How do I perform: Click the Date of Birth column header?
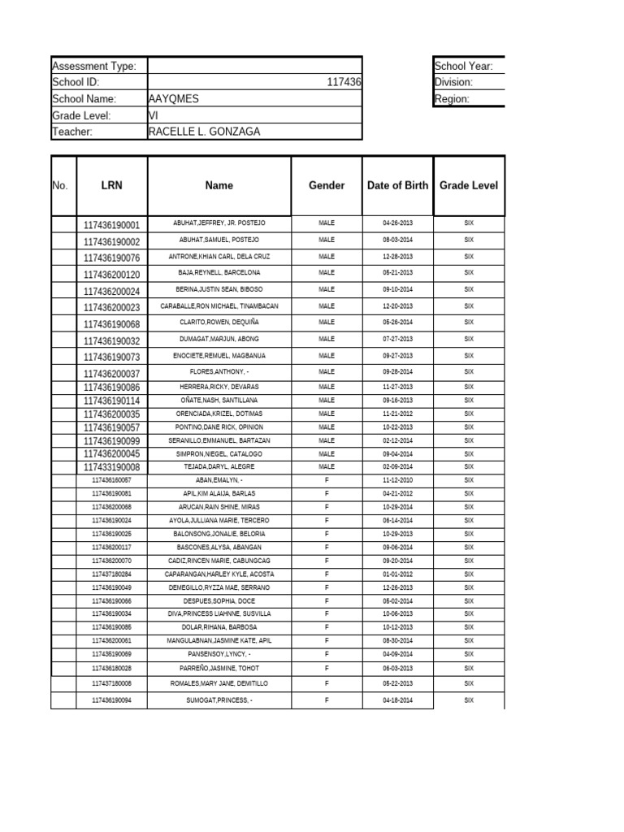(x=397, y=185)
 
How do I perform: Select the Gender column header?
(x=327, y=185)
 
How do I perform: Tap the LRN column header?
(x=111, y=185)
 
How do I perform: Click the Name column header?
(x=219, y=185)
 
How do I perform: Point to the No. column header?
(x=60, y=185)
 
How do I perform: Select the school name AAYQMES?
(x=174, y=98)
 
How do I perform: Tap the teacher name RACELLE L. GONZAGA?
(x=205, y=131)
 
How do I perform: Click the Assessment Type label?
(x=93, y=66)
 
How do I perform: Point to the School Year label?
(x=464, y=66)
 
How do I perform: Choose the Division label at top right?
(x=453, y=82)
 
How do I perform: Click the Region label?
(x=452, y=98)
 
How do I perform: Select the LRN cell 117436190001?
(x=111, y=225)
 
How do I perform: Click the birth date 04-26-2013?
(x=397, y=223)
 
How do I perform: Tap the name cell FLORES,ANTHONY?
(x=219, y=372)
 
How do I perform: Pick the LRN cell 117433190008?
(x=111, y=467)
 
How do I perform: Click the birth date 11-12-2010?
(x=397, y=480)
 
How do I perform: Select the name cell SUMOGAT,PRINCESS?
(x=219, y=700)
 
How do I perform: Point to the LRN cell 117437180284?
(x=111, y=574)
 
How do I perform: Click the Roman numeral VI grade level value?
(x=153, y=115)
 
